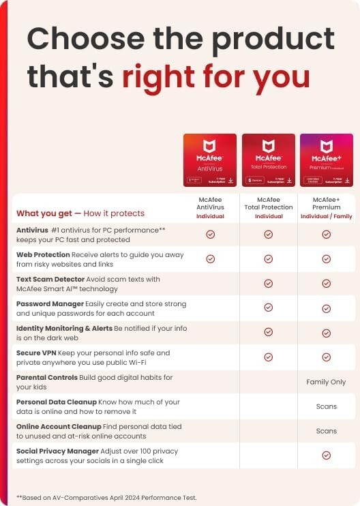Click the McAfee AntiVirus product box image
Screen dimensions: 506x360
[x=210, y=160]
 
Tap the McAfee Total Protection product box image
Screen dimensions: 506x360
[x=269, y=160]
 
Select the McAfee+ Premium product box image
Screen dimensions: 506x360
[x=327, y=160]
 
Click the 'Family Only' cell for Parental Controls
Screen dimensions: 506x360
[x=327, y=382]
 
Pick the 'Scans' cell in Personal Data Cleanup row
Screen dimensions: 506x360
[x=327, y=406]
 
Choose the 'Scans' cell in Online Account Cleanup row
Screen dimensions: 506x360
[x=327, y=431]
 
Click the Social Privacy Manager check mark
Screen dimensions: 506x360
[x=327, y=455]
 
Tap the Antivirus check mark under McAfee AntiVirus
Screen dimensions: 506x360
[x=211, y=234]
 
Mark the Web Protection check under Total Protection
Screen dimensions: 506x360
[x=269, y=258]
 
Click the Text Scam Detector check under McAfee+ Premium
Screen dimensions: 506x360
[x=327, y=283]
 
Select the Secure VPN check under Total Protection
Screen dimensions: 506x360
[x=269, y=357]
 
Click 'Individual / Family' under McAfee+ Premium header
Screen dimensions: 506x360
[x=327, y=216]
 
